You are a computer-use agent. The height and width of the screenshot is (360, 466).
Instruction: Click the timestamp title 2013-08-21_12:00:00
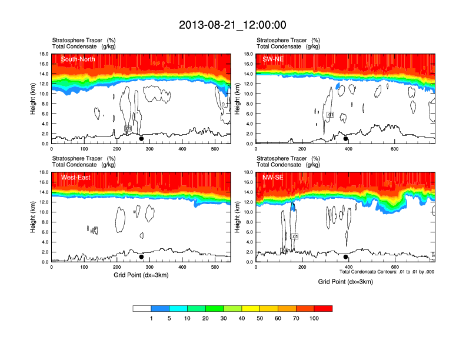click(232, 25)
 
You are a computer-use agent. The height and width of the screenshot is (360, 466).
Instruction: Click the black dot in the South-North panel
click(141, 139)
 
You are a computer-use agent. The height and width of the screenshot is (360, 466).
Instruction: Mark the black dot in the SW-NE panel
click(346, 139)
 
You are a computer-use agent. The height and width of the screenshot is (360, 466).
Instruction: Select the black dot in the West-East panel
click(141, 257)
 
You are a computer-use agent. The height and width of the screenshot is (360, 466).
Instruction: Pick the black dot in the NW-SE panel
click(346, 257)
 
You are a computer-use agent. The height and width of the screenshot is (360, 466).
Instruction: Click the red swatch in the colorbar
click(323, 308)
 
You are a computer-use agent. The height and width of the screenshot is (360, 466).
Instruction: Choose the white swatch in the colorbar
click(142, 308)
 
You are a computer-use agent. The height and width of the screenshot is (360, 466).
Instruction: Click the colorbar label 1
click(151, 318)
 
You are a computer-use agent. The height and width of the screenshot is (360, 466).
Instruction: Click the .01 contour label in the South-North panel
click(128, 128)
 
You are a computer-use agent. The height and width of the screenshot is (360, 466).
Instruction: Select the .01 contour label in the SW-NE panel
click(331, 115)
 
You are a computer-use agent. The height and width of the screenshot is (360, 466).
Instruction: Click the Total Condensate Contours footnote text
click(387, 272)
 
